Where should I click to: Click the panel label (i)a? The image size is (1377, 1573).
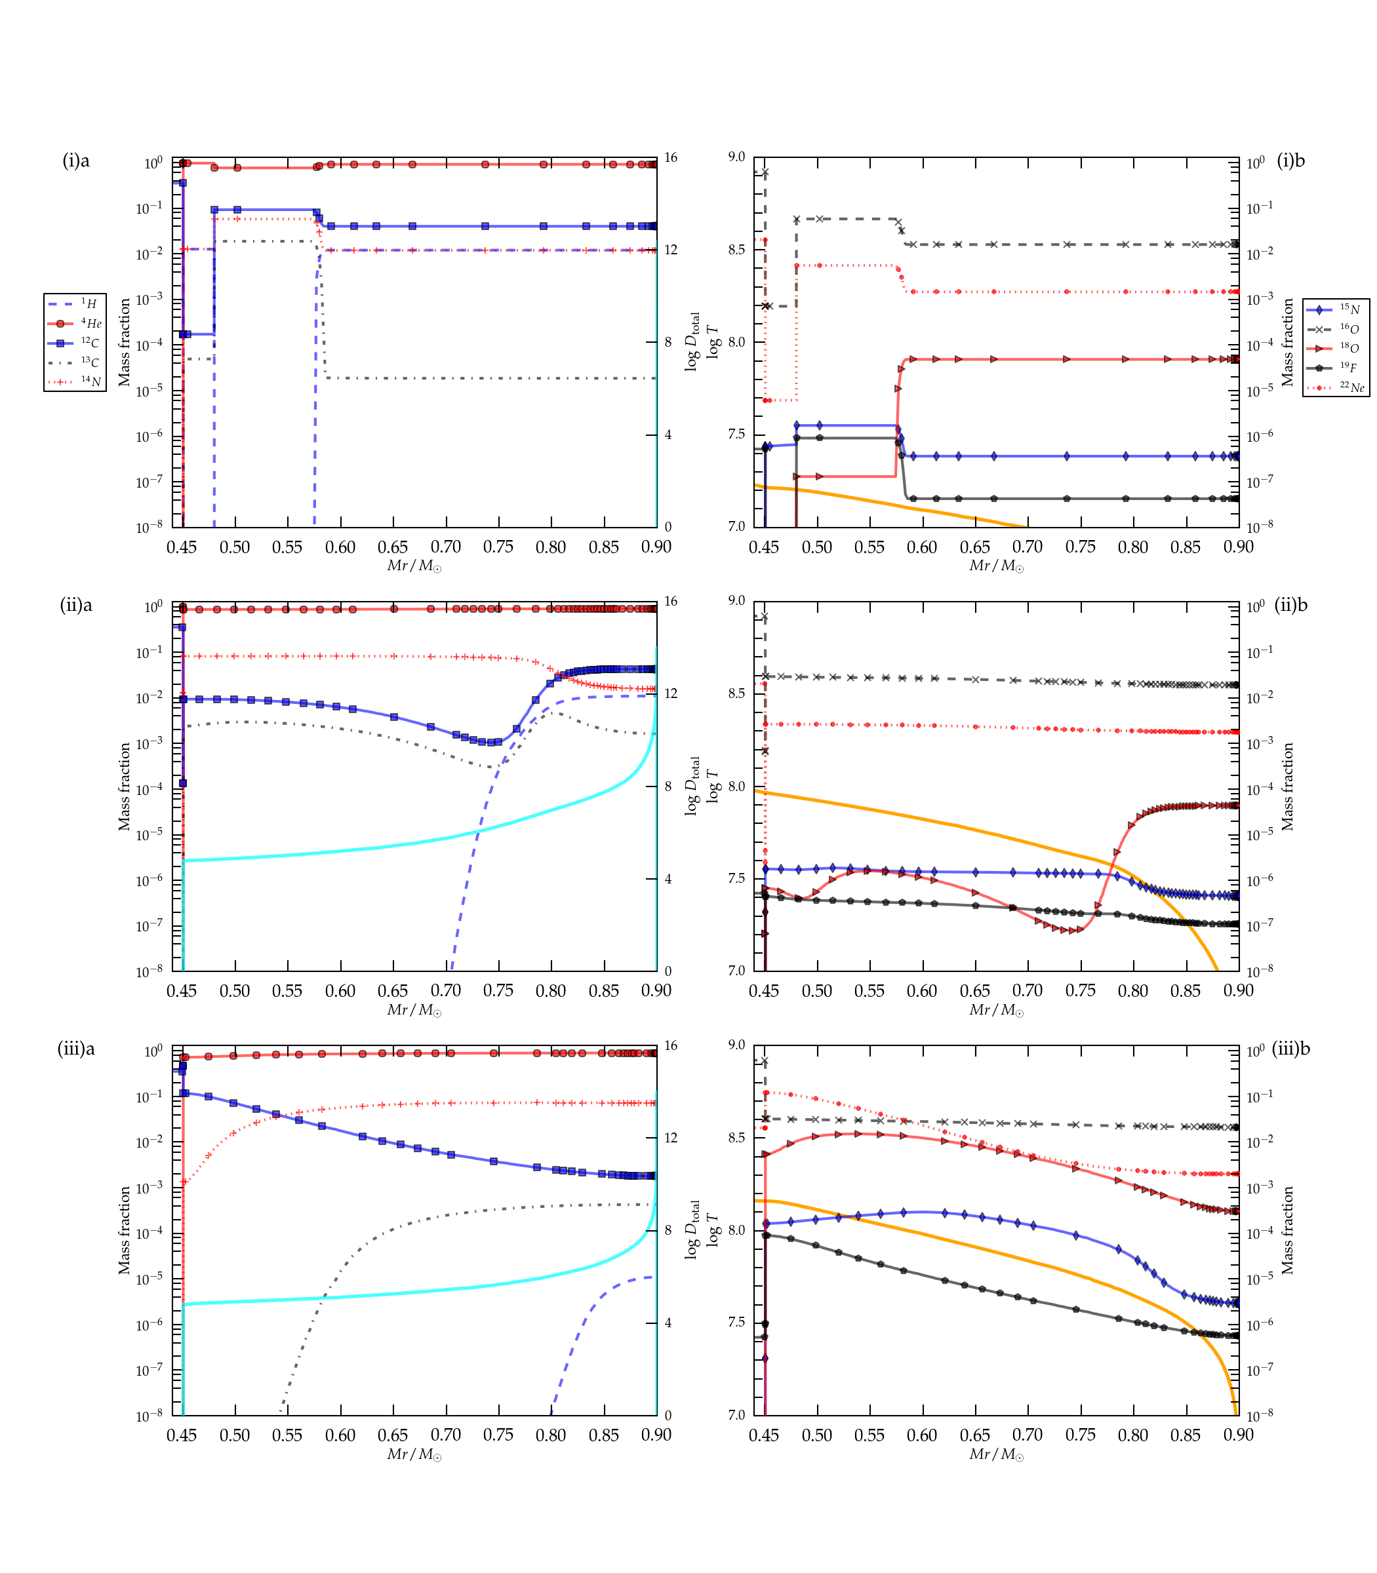click(x=76, y=161)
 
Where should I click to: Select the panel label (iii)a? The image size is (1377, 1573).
click(x=76, y=1049)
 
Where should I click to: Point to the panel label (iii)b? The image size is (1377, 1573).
click(x=1291, y=1049)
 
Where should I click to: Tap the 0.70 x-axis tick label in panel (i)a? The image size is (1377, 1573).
click(x=446, y=547)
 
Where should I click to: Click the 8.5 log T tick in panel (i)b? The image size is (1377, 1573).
click(x=736, y=250)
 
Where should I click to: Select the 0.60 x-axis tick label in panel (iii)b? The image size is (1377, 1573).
click(x=922, y=1435)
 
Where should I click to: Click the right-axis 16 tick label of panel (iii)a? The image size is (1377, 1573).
click(x=671, y=1045)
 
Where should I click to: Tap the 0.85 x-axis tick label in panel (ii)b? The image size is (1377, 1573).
click(x=1186, y=991)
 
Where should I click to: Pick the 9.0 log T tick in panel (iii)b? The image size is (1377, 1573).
click(x=736, y=1045)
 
